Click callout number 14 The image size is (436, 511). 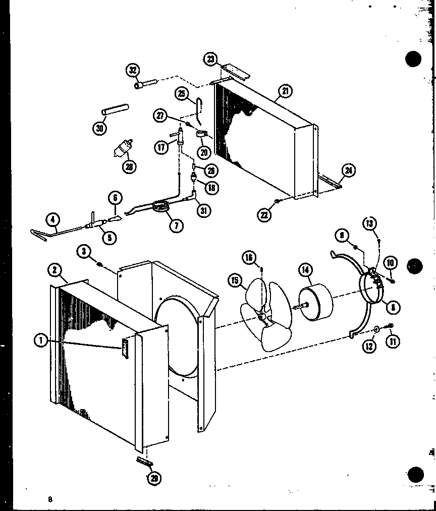coord(306,270)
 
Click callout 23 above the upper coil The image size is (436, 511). coord(210,59)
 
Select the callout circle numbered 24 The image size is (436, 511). coord(348,171)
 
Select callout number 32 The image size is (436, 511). coord(134,70)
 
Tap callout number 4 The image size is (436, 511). coord(52,219)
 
